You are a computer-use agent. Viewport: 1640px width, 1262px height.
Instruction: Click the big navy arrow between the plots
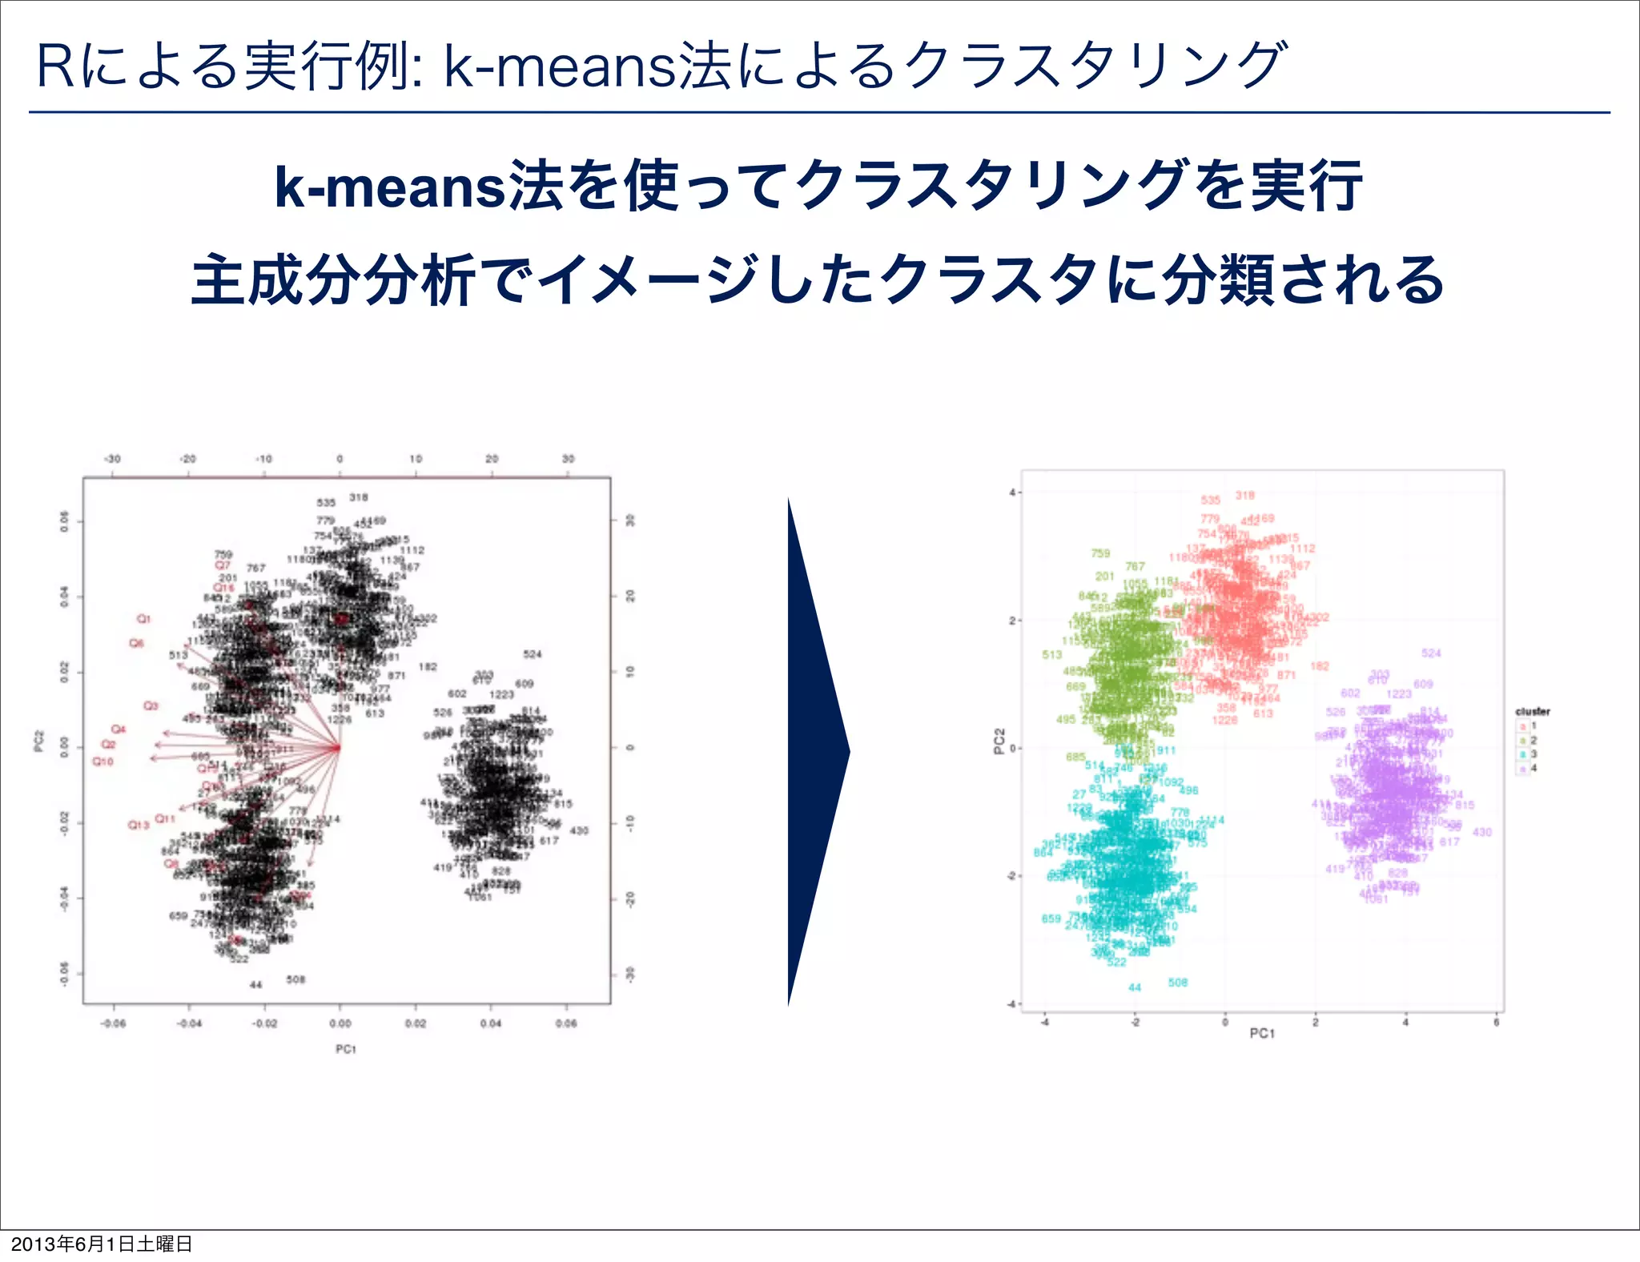tap(813, 751)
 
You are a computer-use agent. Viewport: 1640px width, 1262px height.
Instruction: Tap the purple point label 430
tap(1482, 832)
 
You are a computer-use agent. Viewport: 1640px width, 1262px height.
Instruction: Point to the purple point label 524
tap(1431, 653)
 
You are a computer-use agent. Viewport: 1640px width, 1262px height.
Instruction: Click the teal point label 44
tap(1135, 987)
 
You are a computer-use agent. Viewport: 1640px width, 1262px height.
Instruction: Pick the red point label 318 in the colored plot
tap(1244, 496)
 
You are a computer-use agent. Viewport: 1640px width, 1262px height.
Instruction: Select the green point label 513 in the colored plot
tap(1051, 655)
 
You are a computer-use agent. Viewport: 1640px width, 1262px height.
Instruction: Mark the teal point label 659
tap(1051, 918)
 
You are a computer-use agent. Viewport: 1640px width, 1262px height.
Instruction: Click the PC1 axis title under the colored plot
tap(1262, 1034)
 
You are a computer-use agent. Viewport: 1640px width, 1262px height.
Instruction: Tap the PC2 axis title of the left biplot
tap(39, 742)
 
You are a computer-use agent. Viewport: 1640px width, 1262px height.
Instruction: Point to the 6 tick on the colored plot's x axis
tap(1496, 1022)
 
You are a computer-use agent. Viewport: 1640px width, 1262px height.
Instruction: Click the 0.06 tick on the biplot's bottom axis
tap(566, 1023)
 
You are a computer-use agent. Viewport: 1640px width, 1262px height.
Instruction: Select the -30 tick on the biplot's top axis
tap(112, 459)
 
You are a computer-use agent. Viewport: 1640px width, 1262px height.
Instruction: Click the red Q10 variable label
tap(103, 762)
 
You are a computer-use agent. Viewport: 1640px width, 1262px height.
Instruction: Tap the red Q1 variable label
tap(143, 619)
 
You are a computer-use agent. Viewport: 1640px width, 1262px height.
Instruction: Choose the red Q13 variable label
tap(139, 825)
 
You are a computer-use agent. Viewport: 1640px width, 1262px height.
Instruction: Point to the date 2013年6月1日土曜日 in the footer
tap(102, 1244)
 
